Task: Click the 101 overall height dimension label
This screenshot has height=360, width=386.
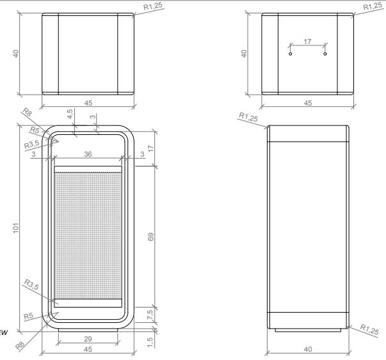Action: (16, 228)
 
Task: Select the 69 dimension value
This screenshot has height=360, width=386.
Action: (151, 237)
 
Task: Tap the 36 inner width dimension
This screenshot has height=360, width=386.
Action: (88, 154)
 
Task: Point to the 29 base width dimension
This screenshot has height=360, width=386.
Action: (88, 339)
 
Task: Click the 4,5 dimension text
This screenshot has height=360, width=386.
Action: (70, 114)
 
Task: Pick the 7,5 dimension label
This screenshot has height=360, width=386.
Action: (150, 315)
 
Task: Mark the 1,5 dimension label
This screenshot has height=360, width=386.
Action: (150, 342)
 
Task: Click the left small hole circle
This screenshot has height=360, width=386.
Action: (290, 54)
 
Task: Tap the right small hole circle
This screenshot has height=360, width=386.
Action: (325, 54)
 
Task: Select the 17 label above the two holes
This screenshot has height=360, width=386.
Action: (307, 42)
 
